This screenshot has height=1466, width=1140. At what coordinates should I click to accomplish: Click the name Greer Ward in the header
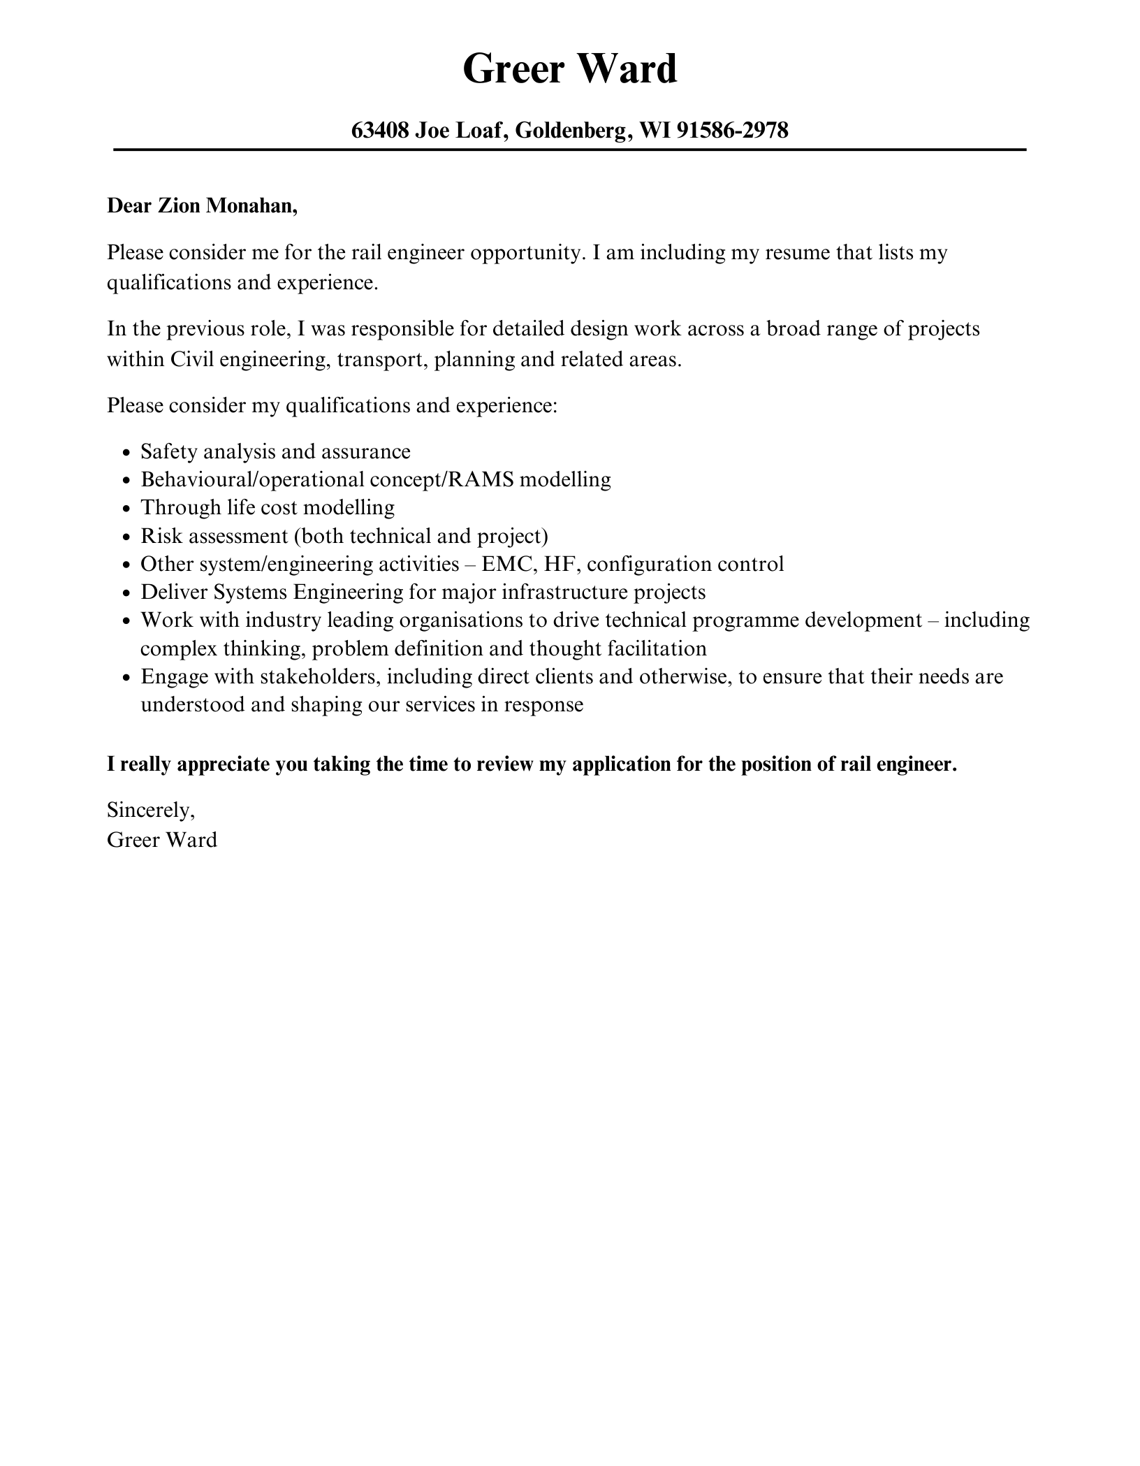pyautogui.click(x=569, y=70)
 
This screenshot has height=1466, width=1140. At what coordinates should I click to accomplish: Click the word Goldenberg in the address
pyautogui.click(x=573, y=130)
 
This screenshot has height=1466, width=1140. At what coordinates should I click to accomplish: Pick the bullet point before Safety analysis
pyautogui.click(x=126, y=453)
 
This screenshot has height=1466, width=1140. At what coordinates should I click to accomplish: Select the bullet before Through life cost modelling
pyautogui.click(x=126, y=509)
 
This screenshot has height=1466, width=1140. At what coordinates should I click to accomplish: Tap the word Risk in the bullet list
pyautogui.click(x=161, y=536)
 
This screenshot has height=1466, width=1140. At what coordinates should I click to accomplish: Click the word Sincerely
pyautogui.click(x=150, y=811)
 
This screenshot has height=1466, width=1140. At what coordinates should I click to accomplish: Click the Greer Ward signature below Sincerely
pyautogui.click(x=161, y=840)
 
